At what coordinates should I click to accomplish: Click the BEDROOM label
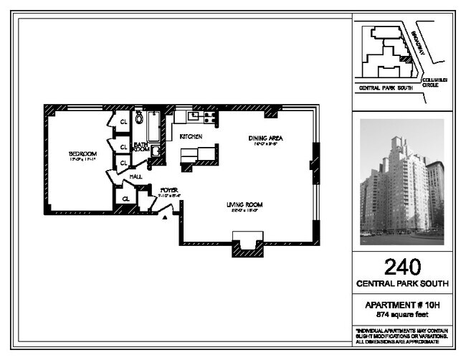point(82,153)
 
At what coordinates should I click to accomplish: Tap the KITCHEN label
point(190,136)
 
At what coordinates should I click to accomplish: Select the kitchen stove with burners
point(210,116)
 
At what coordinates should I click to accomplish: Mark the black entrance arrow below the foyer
point(167,218)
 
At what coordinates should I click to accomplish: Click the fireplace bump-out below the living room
point(248,245)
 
